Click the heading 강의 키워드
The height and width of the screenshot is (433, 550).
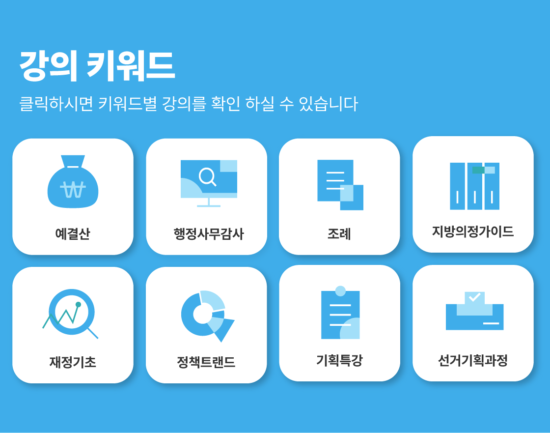pos(97,66)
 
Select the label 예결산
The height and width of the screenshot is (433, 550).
pos(73,234)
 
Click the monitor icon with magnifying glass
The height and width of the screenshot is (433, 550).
pos(209,183)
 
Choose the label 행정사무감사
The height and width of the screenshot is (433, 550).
pos(209,234)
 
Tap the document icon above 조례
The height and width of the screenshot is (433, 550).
pos(340,185)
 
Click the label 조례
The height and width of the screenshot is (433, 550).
pos(339,234)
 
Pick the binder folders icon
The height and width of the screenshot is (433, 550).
pos(474,186)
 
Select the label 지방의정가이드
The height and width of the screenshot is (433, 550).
pos(473,231)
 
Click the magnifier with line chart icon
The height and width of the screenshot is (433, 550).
pos(71,313)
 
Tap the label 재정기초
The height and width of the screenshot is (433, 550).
pos(73,362)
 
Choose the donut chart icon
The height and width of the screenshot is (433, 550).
pos(207,316)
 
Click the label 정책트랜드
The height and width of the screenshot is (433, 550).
pos(206,362)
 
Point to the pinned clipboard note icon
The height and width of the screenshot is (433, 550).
pos(340,313)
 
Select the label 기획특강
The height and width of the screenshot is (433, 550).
pos(339,360)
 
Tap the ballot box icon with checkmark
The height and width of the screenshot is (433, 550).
pos(474,311)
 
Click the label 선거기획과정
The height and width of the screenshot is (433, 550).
pos(473,360)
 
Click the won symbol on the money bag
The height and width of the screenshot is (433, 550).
pos(73,190)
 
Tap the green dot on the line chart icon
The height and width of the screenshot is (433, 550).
pos(78,304)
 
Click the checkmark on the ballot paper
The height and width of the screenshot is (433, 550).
pos(474,297)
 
